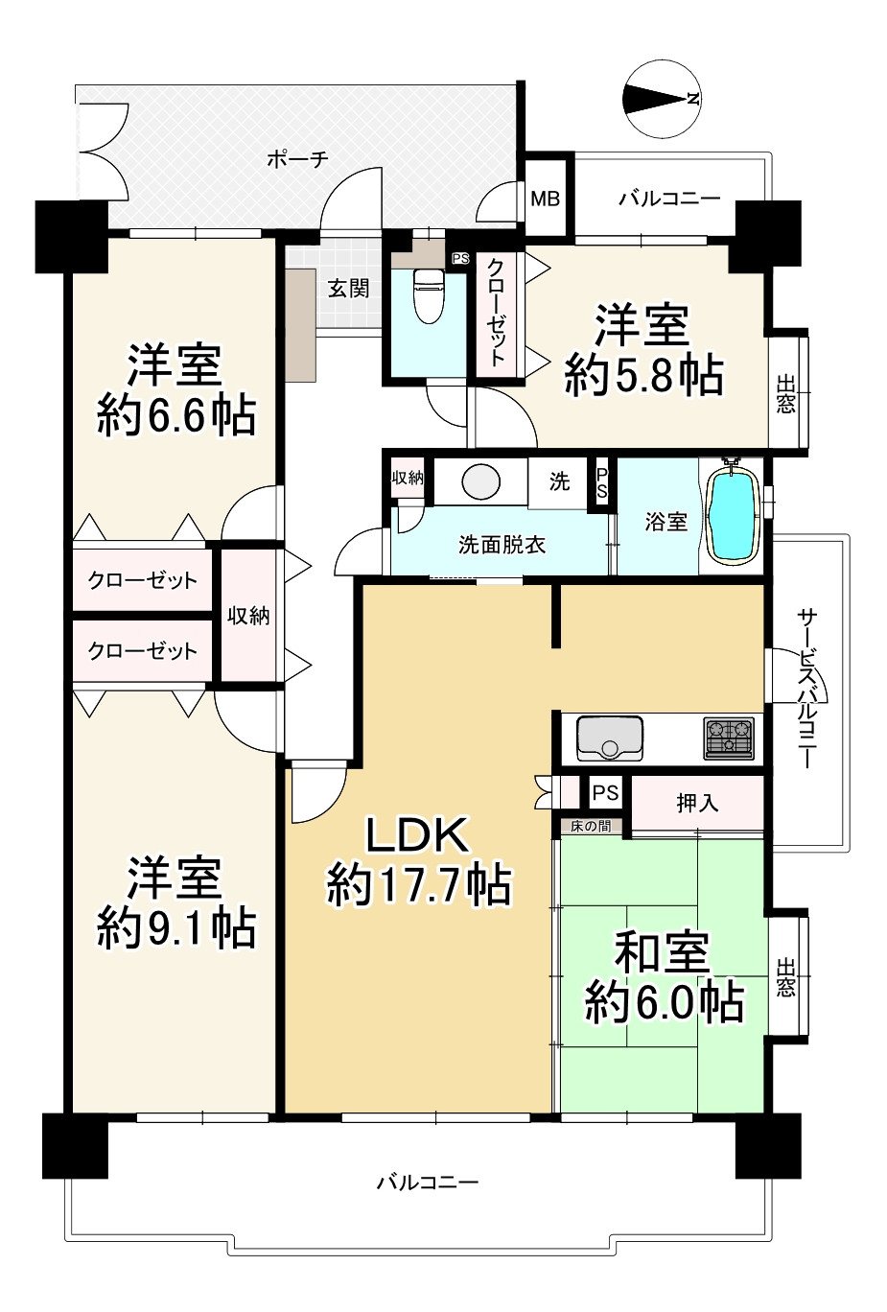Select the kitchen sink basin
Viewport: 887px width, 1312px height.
609,738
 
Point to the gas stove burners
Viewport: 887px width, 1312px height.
730,738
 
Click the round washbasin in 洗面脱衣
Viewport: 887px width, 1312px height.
480,482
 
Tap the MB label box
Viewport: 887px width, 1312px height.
546,199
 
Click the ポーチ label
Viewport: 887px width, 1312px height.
297,158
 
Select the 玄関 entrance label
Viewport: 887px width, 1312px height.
348,288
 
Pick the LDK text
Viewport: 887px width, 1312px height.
417,834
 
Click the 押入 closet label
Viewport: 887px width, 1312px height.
697,803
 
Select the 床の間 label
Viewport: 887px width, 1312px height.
590,826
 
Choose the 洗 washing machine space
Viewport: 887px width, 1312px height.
558,481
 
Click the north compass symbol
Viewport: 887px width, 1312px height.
663,99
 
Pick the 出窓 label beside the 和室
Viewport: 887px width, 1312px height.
785,977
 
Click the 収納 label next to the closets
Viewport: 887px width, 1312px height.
248,616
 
